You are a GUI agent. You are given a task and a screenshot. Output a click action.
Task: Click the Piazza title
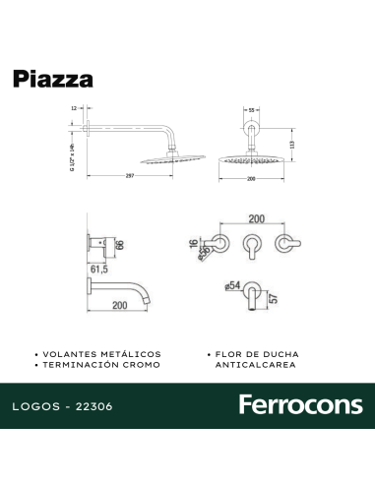[x=52, y=79]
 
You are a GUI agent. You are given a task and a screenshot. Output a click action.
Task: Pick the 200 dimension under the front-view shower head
[x=251, y=178]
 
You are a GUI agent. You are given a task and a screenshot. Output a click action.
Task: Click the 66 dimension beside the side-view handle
[x=119, y=243]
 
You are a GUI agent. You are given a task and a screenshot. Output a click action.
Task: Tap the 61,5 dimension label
[x=98, y=268]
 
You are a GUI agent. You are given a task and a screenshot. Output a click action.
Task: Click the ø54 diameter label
[x=232, y=286]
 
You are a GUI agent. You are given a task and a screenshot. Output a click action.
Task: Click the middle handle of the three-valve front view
[x=250, y=244]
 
